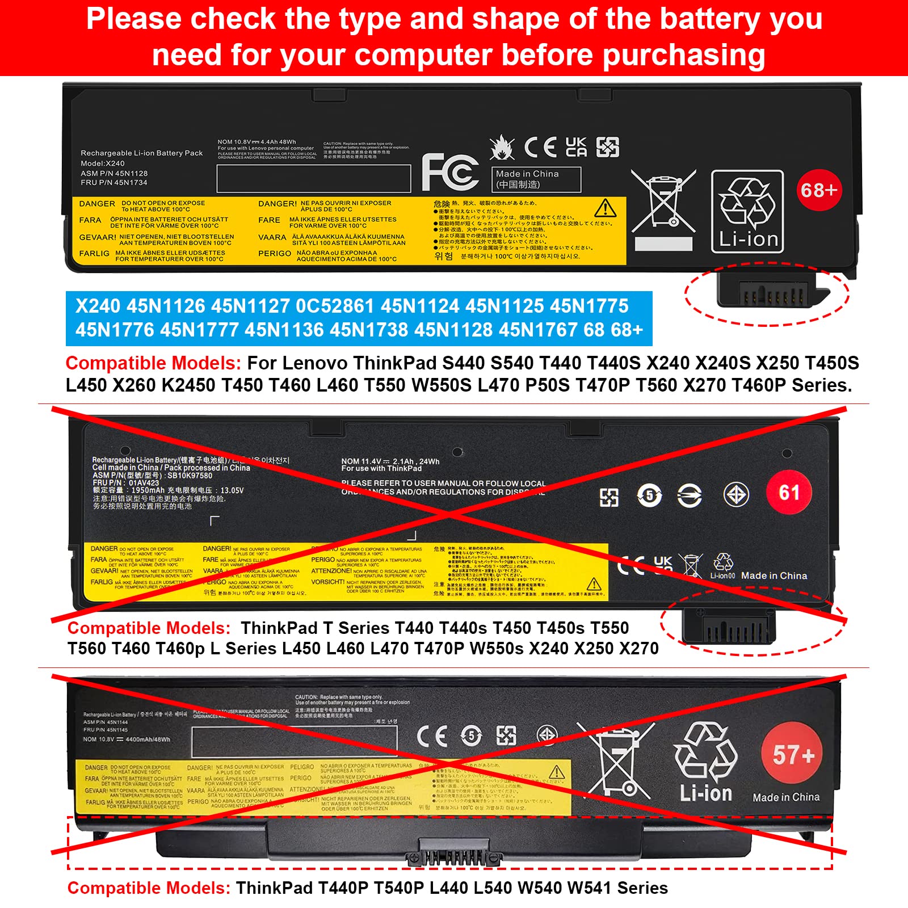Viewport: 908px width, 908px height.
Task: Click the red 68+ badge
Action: pyautogui.click(x=819, y=190)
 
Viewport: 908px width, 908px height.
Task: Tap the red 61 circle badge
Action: pyautogui.click(x=789, y=493)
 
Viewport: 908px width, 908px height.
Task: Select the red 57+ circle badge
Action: pyautogui.click(x=793, y=755)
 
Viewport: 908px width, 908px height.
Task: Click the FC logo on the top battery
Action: pyautogui.click(x=450, y=172)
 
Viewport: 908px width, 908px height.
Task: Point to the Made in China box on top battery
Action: pyautogui.click(x=536, y=179)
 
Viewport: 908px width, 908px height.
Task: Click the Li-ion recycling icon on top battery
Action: pyautogui.click(x=747, y=212)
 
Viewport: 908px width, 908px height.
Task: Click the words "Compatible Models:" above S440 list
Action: pyautogui.click(x=153, y=363)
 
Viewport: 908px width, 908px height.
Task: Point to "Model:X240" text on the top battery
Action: pyautogui.click(x=103, y=163)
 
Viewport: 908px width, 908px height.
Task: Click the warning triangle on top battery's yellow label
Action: pyautogui.click(x=606, y=209)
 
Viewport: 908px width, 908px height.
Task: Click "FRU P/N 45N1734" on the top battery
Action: pyautogui.click(x=114, y=183)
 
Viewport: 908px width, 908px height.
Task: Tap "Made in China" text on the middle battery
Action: pyautogui.click(x=774, y=575)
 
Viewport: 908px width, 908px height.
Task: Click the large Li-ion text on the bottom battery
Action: pyautogui.click(x=706, y=793)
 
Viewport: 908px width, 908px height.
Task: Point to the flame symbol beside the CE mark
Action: pyautogui.click(x=502, y=148)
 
